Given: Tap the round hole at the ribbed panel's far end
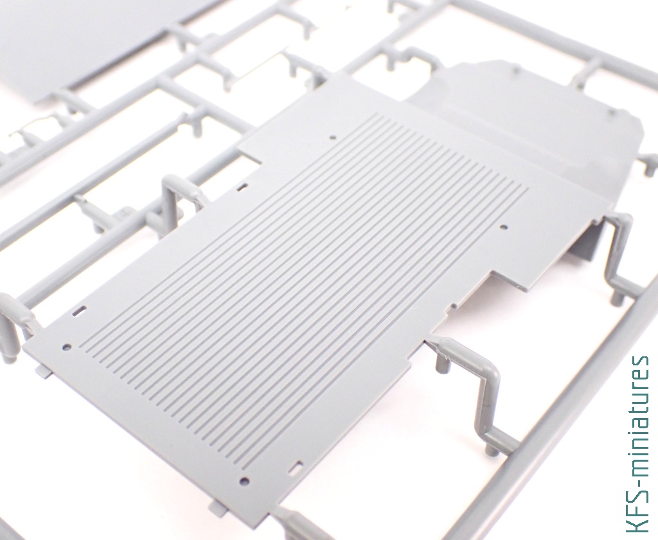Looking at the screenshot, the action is tap(333, 137).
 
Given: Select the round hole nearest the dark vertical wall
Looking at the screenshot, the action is tap(504, 227).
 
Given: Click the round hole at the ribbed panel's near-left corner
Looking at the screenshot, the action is tap(67, 347).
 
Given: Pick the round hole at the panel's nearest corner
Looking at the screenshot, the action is tap(244, 481).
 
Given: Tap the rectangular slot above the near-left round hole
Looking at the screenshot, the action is tap(80, 311).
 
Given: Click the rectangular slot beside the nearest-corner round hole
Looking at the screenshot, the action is tap(297, 467).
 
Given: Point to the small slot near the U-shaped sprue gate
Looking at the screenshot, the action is tap(242, 187).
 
